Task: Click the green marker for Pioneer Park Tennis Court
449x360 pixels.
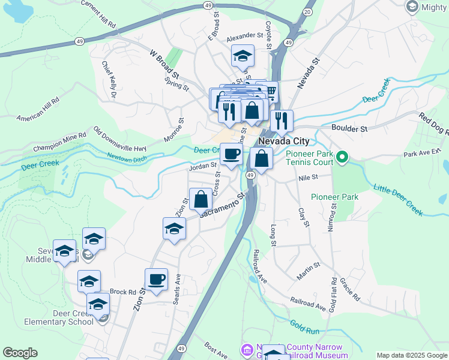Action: pos(342,158)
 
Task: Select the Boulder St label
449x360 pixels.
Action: pos(349,128)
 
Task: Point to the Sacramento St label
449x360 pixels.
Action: pos(223,205)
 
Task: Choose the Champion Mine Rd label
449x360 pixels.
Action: pos(60,142)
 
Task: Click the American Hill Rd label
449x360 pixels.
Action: pos(38,108)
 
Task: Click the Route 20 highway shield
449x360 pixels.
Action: pos(308,11)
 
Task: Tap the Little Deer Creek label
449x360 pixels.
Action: pos(399,200)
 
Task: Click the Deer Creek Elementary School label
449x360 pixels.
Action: pos(59,317)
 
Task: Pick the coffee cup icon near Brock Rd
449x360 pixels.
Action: pos(156,280)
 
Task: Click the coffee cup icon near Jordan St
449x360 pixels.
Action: pos(232,154)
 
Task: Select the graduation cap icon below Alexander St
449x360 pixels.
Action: pos(243,57)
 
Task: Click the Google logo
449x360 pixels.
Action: pos(20,353)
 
